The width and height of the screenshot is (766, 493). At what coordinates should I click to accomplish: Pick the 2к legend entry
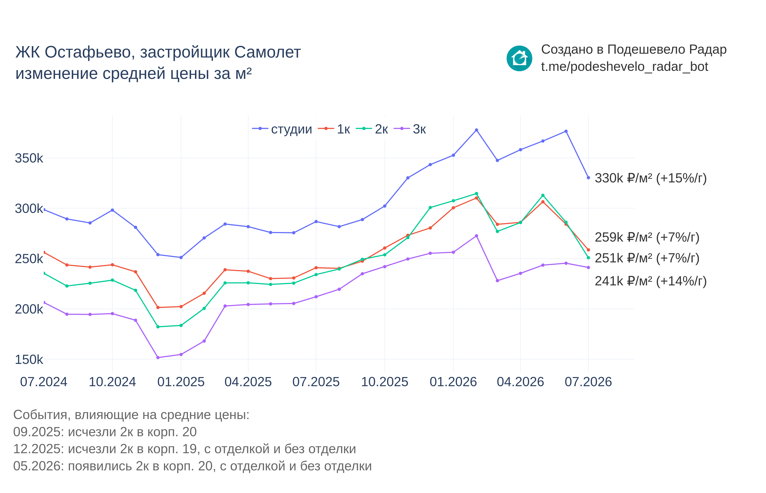(x=372, y=129)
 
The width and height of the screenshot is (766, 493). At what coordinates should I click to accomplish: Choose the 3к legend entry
(x=410, y=129)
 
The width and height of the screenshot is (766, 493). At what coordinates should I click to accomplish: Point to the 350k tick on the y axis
(x=29, y=158)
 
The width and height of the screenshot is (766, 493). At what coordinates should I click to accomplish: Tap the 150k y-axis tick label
(x=29, y=360)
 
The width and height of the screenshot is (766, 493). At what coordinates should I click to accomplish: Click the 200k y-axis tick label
(x=29, y=309)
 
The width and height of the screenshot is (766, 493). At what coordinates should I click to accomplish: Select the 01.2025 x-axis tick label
(x=181, y=382)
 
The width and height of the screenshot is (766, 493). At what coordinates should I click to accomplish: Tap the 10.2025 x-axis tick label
(x=385, y=382)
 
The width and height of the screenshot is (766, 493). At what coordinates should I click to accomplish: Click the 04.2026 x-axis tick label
(x=521, y=382)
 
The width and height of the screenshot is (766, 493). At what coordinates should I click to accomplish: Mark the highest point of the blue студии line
(x=476, y=130)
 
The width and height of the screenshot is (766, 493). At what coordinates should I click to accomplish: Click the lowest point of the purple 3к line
(x=158, y=358)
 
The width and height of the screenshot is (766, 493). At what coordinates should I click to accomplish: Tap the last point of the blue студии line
(x=588, y=178)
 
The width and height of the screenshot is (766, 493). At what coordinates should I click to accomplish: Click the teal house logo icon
(x=519, y=59)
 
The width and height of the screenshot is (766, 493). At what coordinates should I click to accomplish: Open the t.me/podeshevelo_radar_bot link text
(x=624, y=67)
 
